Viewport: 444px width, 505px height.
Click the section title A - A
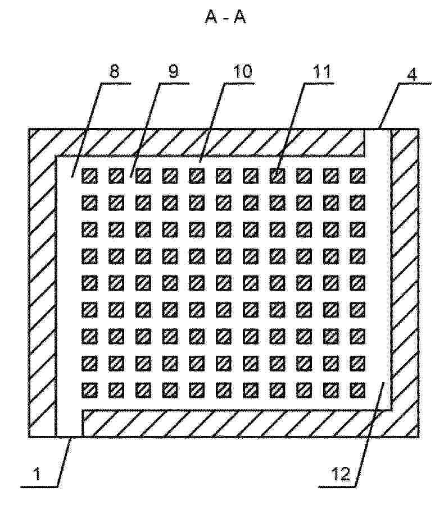tap(225, 17)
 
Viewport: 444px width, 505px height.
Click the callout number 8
tap(115, 71)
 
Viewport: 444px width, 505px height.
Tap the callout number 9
tap(173, 71)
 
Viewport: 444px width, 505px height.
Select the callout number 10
tap(242, 71)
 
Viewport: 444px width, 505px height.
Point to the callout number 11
tap(321, 71)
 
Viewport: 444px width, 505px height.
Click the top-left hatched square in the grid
tap(89, 176)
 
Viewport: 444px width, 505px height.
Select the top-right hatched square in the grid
tap(358, 176)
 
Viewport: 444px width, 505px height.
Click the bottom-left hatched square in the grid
tap(89, 390)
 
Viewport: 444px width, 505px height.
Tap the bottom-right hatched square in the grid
tap(358, 390)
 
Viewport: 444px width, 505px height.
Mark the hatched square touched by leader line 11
tap(277, 176)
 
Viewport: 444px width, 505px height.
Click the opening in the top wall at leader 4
tap(378, 142)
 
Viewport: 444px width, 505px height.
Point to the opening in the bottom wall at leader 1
tap(69, 423)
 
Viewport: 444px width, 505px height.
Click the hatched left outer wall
tap(42, 283)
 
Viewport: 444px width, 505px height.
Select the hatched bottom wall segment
tap(237, 424)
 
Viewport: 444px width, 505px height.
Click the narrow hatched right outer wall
tap(405, 283)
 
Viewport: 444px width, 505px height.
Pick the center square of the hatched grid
tap(224, 283)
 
